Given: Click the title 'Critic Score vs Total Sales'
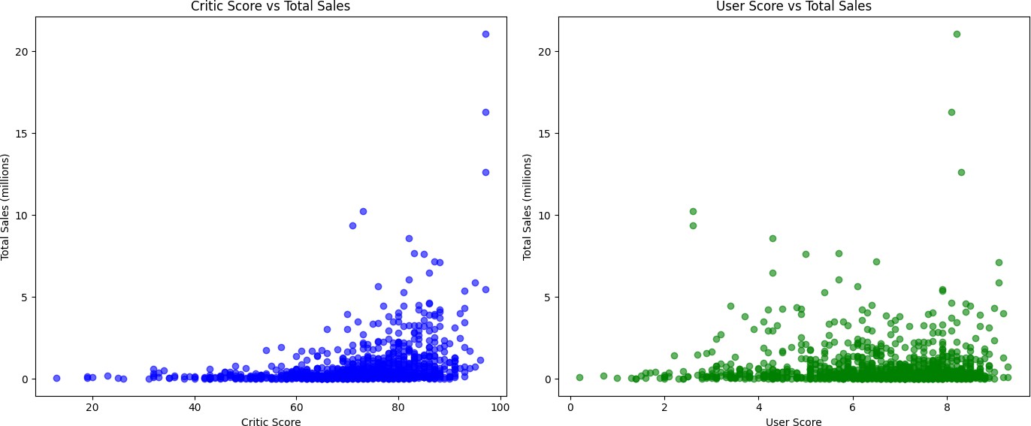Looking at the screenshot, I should click(x=271, y=7).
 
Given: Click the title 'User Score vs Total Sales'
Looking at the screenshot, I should click(x=794, y=7).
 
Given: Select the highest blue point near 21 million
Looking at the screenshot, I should click(x=485, y=34).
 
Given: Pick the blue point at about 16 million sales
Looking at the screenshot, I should click(x=485, y=112).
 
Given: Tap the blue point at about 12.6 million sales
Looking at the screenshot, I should click(x=485, y=172).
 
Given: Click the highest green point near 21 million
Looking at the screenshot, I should click(x=957, y=34).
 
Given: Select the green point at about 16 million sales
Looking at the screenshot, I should click(x=951, y=112).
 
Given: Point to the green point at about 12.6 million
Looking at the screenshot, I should click(x=961, y=172).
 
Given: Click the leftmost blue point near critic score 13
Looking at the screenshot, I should click(x=56, y=378).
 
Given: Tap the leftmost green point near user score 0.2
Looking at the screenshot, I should click(x=579, y=377).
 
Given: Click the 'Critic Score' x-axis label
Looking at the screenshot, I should click(x=271, y=422).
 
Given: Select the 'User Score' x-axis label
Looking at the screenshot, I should click(x=794, y=422).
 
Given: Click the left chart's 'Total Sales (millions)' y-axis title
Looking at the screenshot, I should click(x=6, y=207).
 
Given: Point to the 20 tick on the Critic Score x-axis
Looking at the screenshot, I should click(x=92, y=407).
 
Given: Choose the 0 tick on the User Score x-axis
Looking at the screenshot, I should click(x=570, y=407).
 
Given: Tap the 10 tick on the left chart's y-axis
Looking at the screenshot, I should click(x=25, y=215).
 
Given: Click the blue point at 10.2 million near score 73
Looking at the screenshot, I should click(x=363, y=211).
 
